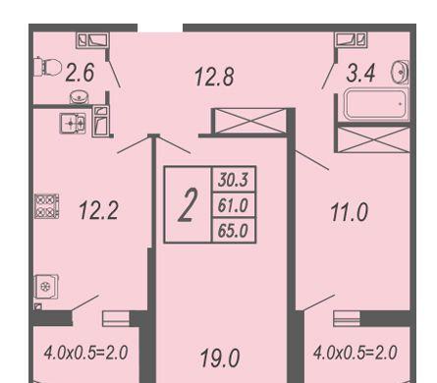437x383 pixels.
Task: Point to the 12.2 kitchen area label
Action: [x=98, y=210]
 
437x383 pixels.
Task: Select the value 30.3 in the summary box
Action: [x=233, y=181]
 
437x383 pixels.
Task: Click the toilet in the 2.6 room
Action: [x=46, y=67]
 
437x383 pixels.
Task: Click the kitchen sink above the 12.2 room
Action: [x=71, y=123]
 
